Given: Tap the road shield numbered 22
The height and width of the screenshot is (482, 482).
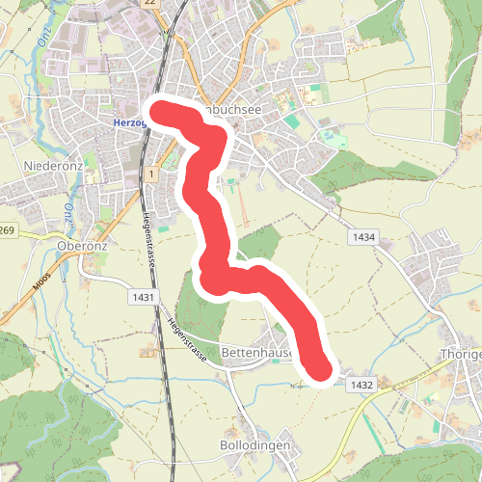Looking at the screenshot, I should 148,4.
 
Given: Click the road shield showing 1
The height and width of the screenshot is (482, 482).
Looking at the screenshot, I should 152,173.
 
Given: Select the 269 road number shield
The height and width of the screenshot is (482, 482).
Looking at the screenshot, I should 9,231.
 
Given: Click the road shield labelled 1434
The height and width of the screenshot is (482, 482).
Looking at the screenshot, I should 363,237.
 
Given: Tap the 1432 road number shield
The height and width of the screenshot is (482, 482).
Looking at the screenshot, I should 362,385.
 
